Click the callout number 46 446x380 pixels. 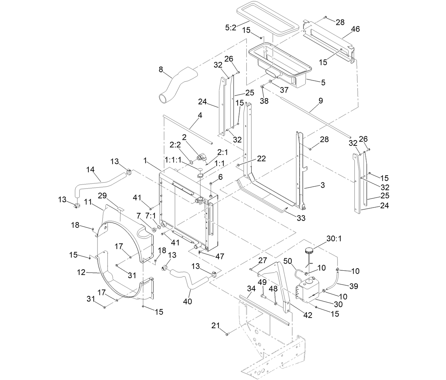pyautogui.click(x=355, y=29)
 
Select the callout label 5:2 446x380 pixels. pyautogui.click(x=230, y=27)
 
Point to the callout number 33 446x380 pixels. pyautogui.click(x=301, y=218)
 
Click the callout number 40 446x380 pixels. pyautogui.click(x=187, y=302)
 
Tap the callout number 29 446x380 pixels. pyautogui.click(x=102, y=195)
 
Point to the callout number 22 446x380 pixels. pyautogui.click(x=261, y=159)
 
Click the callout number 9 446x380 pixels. pyautogui.click(x=321, y=101)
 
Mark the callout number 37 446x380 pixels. pyautogui.click(x=284, y=90)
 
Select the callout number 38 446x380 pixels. pyautogui.click(x=264, y=101)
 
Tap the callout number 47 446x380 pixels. pyautogui.click(x=220, y=256)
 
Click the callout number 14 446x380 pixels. pyautogui.click(x=91, y=170)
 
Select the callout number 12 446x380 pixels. pyautogui.click(x=81, y=272)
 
